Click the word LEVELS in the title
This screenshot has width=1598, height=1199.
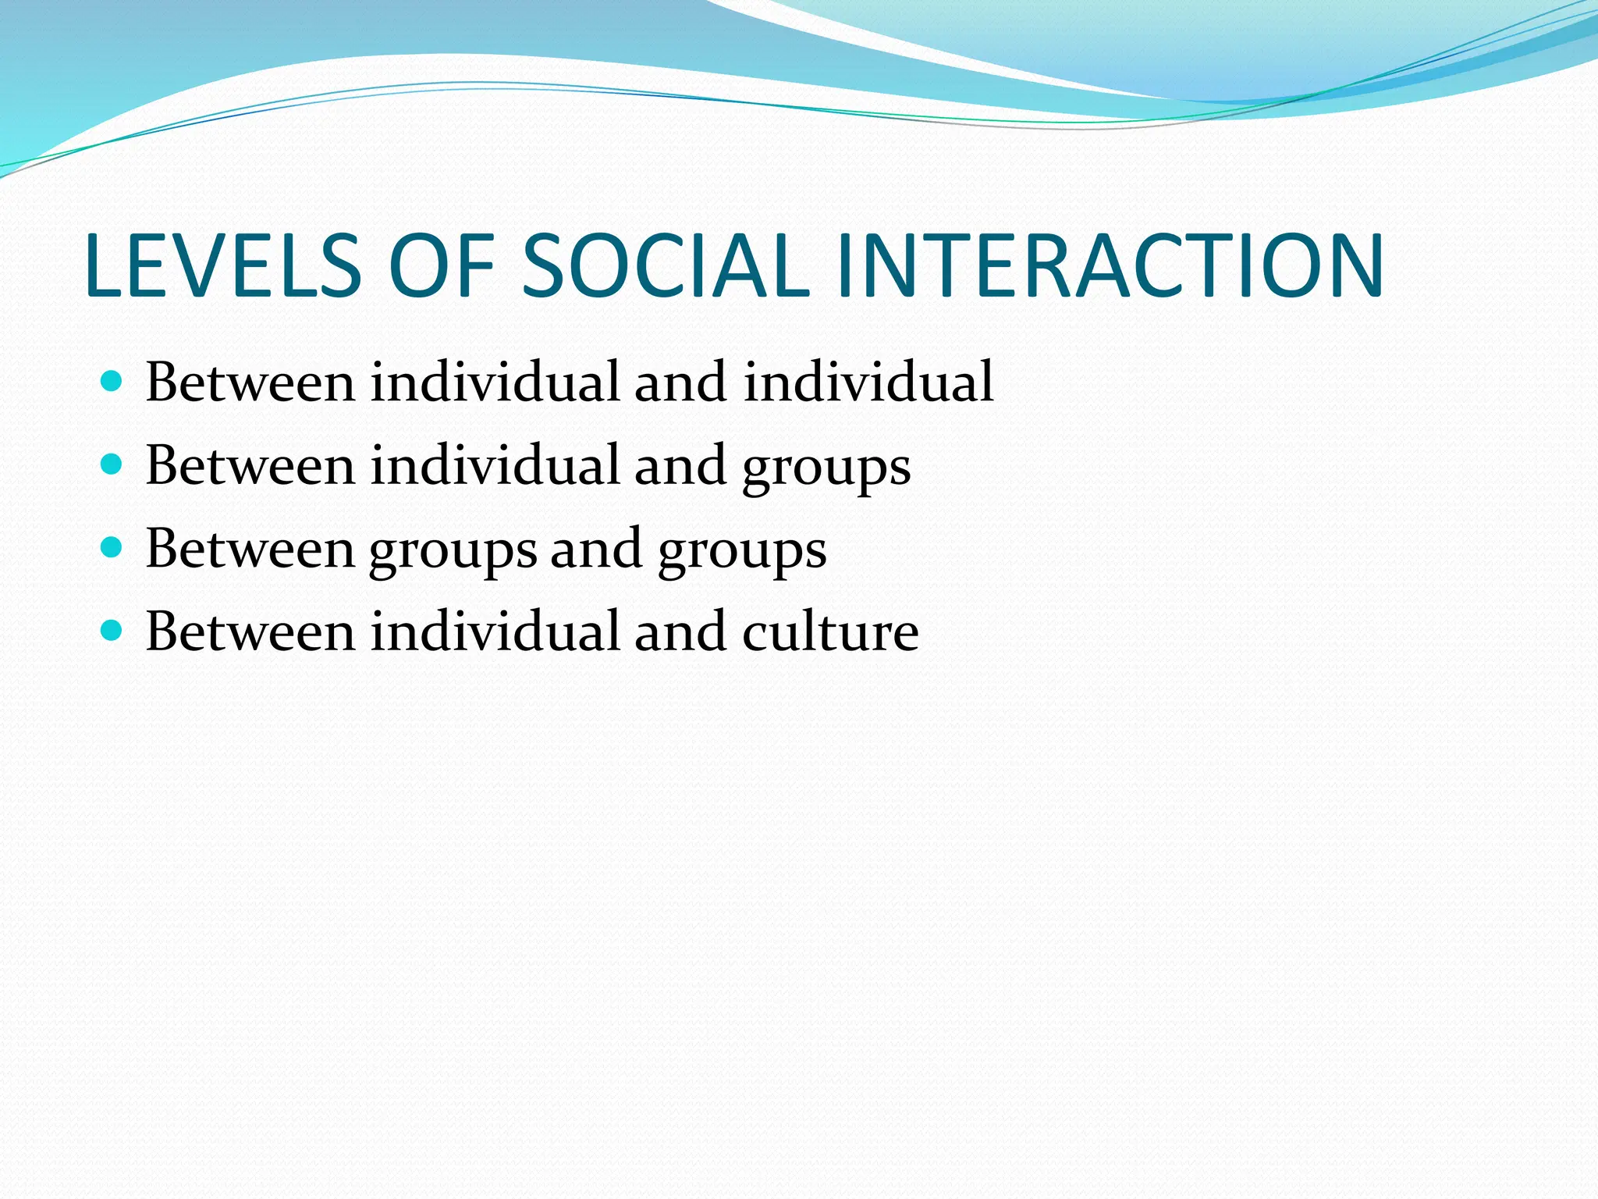pos(222,266)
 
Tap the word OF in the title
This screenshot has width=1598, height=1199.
pos(442,266)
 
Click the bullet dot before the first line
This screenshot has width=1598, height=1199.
pos(112,381)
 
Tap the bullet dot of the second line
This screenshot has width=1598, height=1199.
pos(112,464)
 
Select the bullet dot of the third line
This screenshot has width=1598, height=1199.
pos(112,547)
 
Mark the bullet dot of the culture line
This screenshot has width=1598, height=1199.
pos(112,630)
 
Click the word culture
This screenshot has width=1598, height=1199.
pos(830,632)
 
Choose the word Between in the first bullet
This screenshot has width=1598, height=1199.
pos(250,382)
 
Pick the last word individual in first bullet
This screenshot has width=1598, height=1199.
pos(868,382)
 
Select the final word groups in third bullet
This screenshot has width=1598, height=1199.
pos(742,552)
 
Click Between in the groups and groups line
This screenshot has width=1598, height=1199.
pos(250,549)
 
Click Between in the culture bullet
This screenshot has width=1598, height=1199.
pos(250,632)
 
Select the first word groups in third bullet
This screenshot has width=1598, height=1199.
pos(453,552)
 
